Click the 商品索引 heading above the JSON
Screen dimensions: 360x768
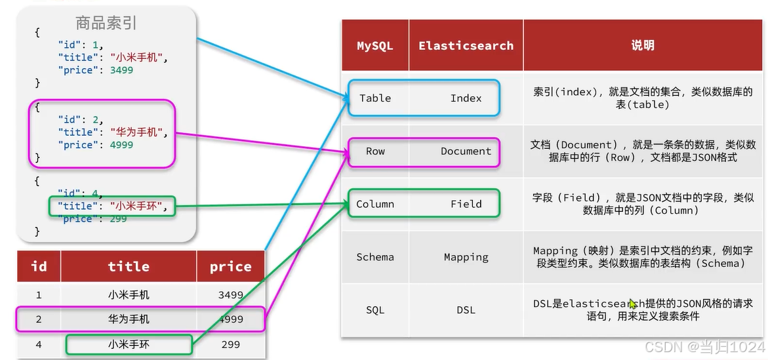tap(106, 24)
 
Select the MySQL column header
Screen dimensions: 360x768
tap(374, 46)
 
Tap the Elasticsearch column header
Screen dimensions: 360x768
tap(466, 46)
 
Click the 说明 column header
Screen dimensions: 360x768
tap(643, 45)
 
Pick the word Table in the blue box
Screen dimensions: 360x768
tap(375, 98)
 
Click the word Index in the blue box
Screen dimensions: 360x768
tap(466, 98)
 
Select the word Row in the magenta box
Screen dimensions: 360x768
tap(375, 151)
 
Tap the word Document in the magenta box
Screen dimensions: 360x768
tap(466, 151)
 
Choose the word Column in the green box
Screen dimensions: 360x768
tap(375, 204)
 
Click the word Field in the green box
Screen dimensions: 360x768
tap(466, 204)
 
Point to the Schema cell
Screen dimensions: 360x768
tap(375, 257)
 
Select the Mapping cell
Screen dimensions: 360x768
tap(466, 257)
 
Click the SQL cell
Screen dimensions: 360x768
tap(375, 310)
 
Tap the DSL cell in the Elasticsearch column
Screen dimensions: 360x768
tap(466, 310)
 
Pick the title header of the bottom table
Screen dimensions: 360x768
tap(129, 266)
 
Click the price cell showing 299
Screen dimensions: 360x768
tap(230, 344)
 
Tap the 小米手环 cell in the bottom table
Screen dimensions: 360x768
tap(129, 344)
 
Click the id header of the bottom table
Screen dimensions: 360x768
tap(39, 266)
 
